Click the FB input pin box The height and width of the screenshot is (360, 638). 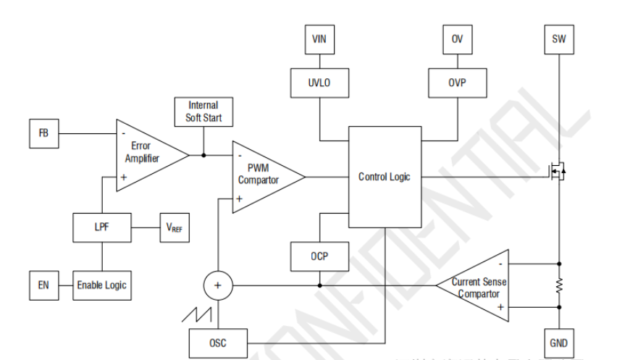coord(44,133)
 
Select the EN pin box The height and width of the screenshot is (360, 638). coord(44,285)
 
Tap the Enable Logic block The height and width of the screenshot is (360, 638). coord(101,285)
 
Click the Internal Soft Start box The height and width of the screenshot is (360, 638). coord(203,111)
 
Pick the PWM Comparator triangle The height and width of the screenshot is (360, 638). coord(263,175)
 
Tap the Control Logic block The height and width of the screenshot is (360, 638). coord(384,177)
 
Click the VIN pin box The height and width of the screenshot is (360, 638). coord(319,39)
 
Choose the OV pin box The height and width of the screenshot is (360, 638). coord(456,39)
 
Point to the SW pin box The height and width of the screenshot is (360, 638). coord(558,39)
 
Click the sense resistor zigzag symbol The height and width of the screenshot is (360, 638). coord(558,287)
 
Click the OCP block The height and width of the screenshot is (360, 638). coord(319,256)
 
